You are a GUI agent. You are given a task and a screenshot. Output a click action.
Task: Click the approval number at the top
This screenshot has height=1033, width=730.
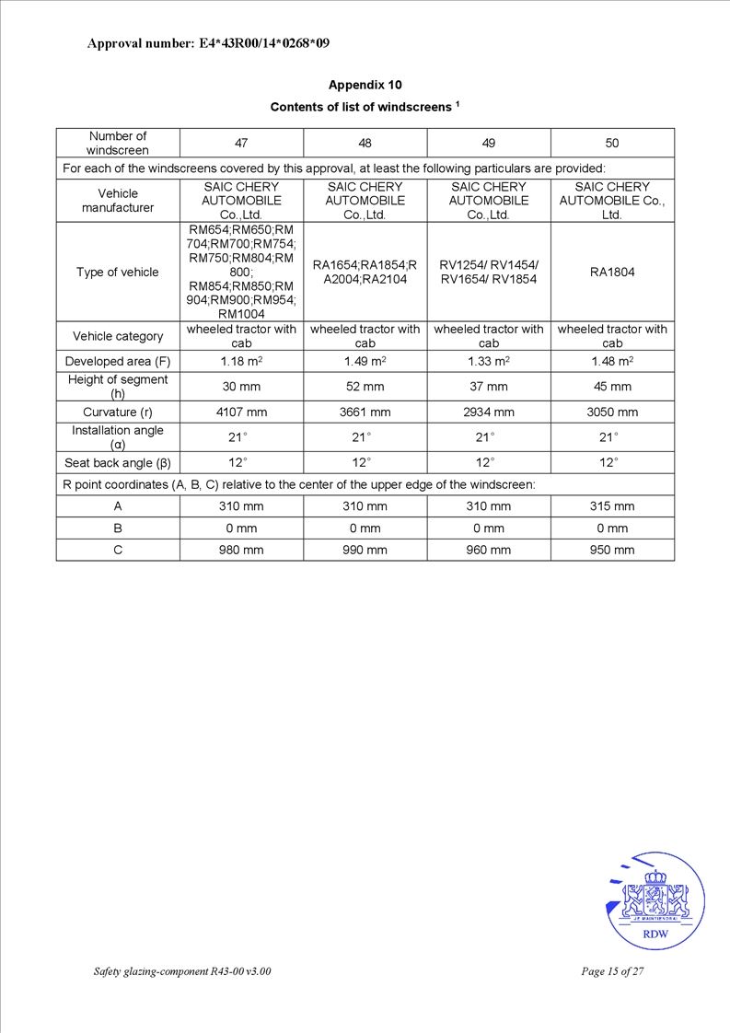pos(208,43)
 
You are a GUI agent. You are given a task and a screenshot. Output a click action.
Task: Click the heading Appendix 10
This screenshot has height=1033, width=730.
pos(365,85)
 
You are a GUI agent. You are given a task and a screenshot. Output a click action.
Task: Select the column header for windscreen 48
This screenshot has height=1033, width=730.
pos(365,143)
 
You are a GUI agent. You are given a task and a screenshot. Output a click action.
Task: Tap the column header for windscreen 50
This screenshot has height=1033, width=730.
pos(612,143)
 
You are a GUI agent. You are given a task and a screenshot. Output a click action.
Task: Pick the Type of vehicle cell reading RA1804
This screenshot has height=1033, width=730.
pos(612,272)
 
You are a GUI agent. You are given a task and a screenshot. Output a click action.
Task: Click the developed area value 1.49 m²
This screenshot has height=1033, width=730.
pos(365,362)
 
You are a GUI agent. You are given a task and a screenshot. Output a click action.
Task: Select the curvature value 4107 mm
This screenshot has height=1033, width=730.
pos(241,412)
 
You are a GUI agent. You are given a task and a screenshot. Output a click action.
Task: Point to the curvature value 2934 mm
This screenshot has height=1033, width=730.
pos(489,412)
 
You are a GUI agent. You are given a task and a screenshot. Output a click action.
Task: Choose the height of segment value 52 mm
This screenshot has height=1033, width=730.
pos(365,387)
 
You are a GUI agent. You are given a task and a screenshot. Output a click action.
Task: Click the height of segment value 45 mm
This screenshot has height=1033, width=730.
pos(612,387)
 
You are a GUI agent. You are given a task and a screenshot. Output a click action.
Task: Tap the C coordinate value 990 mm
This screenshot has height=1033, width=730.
pos(365,550)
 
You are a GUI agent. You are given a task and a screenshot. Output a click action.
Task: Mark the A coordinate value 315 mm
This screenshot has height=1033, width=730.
pos(612,506)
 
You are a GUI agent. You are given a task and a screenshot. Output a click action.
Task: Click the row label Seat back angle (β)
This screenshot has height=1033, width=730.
pos(118,462)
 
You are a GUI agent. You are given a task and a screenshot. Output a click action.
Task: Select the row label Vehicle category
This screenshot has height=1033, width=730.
pos(118,336)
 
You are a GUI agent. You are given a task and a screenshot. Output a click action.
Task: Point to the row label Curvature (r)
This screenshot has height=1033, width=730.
pos(118,412)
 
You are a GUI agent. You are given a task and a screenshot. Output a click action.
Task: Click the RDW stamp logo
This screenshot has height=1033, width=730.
pos(655,900)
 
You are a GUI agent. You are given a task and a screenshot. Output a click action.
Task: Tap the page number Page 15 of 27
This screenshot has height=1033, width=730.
pos(612,971)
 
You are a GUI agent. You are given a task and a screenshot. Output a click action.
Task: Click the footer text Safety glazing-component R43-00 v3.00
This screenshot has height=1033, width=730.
pos(182,971)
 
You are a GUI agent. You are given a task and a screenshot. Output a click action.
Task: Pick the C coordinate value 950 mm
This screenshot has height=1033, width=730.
pos(612,550)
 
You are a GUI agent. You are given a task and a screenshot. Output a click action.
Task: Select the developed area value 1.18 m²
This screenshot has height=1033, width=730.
pos(241,362)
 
